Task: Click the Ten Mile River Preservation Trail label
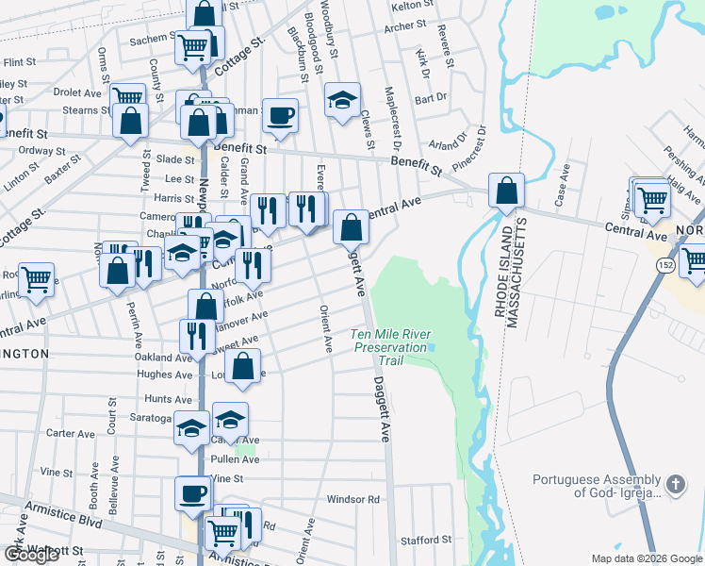(x=389, y=347)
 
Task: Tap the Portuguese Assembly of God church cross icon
(x=675, y=484)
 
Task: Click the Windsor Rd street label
(x=352, y=499)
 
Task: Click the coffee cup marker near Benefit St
(x=281, y=116)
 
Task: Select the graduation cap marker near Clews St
(x=342, y=99)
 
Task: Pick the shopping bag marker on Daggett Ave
(x=351, y=226)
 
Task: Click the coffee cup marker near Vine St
(x=194, y=493)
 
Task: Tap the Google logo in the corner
(x=31, y=555)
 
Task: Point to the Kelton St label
(x=411, y=6)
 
